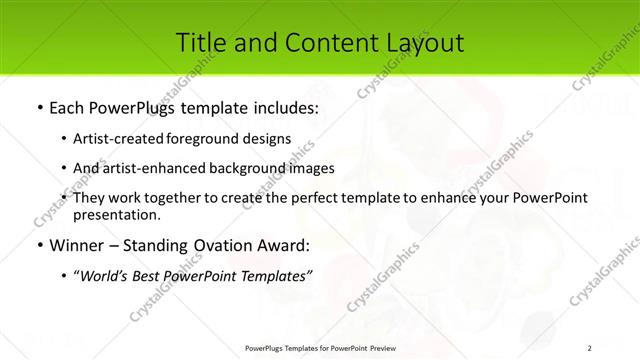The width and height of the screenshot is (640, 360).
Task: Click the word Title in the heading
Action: pyautogui.click(x=200, y=42)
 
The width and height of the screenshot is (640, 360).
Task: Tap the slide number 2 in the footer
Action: pyautogui.click(x=590, y=348)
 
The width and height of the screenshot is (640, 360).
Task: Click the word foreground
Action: pyautogui.click(x=217, y=139)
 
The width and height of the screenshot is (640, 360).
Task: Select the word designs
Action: pyautogui.click(x=270, y=139)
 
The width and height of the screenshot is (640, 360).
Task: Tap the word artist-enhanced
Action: pyautogui.click(x=146, y=168)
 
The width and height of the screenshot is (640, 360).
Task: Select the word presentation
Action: pyautogui.click(x=115, y=214)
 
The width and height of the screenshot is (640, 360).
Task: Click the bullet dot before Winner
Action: pyautogui.click(x=39, y=245)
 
